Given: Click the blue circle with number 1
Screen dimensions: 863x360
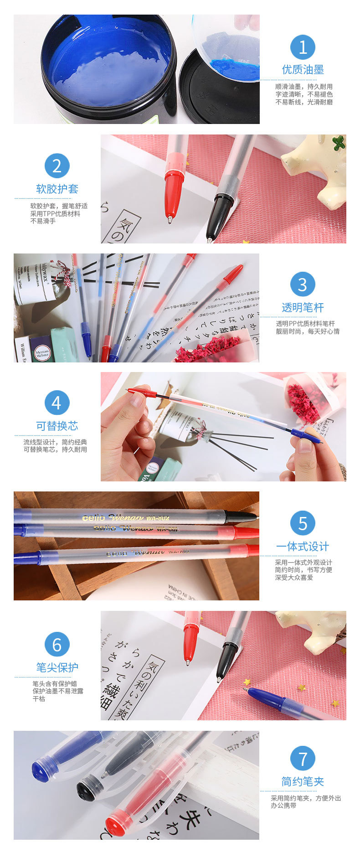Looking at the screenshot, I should [303, 47].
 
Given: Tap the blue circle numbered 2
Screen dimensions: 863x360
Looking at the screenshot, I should [57, 166].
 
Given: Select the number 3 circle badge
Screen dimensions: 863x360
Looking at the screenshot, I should [303, 284].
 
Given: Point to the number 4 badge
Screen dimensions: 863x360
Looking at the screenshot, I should [57, 403].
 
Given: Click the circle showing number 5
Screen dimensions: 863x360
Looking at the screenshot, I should [303, 523].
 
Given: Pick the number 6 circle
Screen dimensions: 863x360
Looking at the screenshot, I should [57, 645].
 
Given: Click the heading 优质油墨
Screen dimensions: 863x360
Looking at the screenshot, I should [303, 70].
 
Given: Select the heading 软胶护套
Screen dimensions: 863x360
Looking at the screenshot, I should [57, 189].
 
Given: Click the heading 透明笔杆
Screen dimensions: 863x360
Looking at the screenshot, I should [303, 308].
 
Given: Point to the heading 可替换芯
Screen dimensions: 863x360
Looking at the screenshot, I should [57, 426].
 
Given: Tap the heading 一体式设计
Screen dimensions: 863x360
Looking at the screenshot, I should [303, 547].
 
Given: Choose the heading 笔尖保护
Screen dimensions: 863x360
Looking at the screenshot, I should [57, 667].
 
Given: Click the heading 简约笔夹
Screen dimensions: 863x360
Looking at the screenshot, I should [303, 781].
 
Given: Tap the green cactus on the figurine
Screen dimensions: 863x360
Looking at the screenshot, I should [338, 143].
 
